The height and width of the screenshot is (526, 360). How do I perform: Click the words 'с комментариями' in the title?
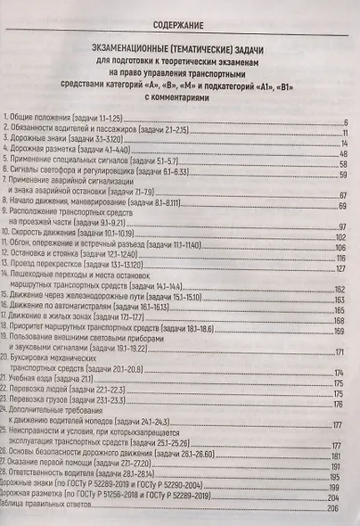pyautogui.click(x=179, y=101)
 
